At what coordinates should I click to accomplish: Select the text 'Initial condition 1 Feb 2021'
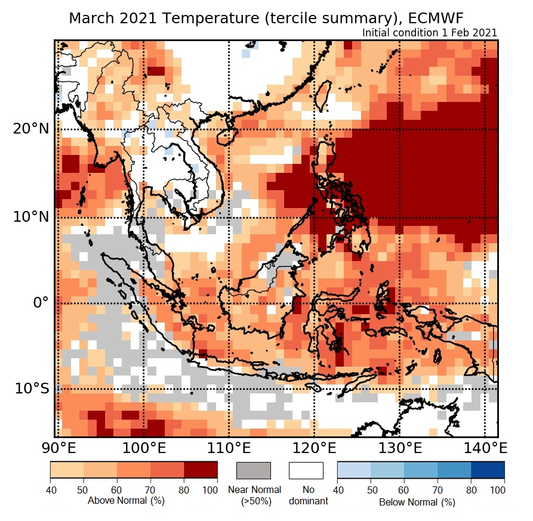click(x=430, y=33)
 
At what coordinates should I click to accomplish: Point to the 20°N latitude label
click(x=30, y=129)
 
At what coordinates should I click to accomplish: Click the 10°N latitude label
click(x=30, y=216)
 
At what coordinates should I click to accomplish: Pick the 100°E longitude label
click(x=143, y=447)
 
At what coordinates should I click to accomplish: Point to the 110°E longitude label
click(x=229, y=447)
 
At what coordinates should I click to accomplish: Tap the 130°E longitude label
click(x=399, y=447)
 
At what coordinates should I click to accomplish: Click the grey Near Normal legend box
click(x=254, y=470)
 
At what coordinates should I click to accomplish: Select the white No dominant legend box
click(x=306, y=470)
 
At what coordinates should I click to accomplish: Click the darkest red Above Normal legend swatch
click(x=201, y=470)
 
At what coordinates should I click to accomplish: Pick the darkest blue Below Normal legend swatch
click(x=488, y=470)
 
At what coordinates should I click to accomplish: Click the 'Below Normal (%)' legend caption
click(x=417, y=502)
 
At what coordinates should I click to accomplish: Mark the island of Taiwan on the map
click(x=323, y=95)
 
